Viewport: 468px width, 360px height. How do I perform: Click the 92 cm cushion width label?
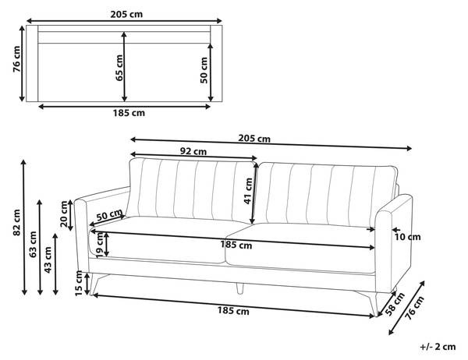tap(193, 151)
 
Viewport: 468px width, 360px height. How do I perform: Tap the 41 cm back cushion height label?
tap(248, 191)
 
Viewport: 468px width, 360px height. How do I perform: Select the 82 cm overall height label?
tap(16, 222)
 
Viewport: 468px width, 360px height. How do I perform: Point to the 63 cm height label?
tap(33, 244)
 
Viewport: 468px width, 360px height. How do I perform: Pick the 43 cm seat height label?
tap(48, 259)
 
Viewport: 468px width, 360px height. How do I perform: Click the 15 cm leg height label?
tap(79, 283)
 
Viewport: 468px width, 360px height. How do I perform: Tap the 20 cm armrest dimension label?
tap(64, 214)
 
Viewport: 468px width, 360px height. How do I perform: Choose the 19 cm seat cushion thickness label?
tap(101, 245)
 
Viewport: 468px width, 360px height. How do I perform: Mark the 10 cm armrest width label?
tap(407, 237)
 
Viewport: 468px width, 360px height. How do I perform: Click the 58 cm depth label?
tap(395, 304)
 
